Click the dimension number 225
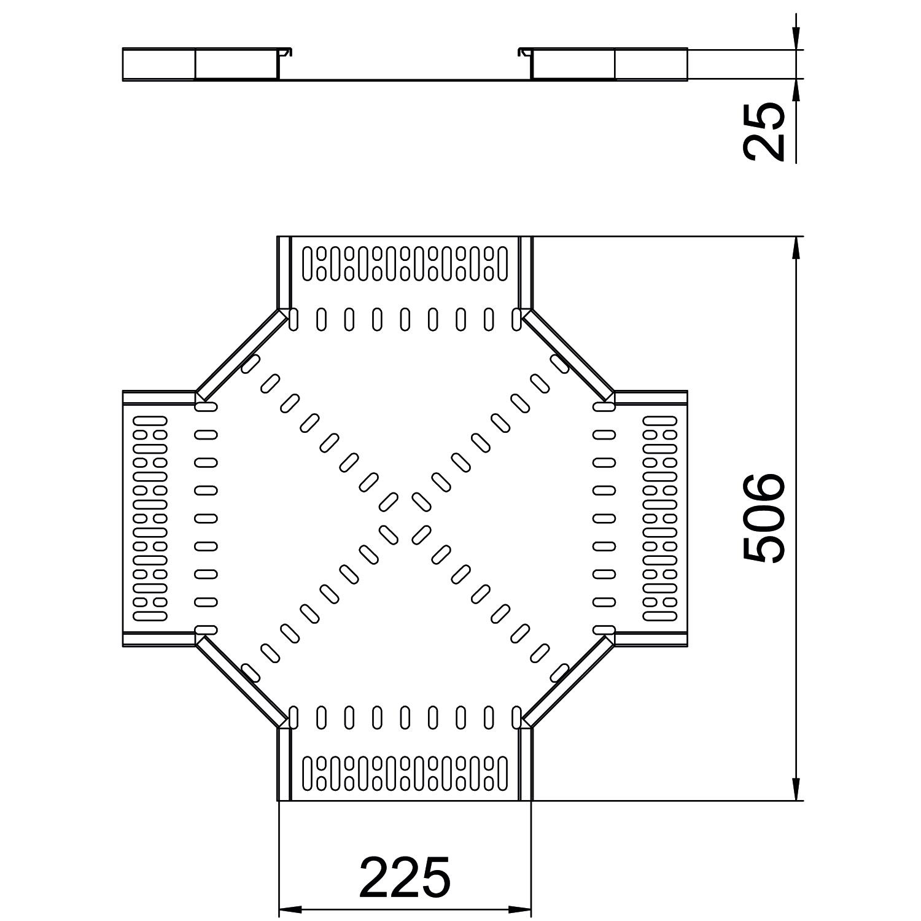pos(405,876)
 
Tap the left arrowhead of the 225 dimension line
pos(289,907)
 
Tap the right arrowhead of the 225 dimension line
pos(521,907)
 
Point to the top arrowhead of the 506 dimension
pos(796,247)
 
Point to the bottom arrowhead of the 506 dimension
pos(796,790)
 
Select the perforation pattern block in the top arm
pos(405,263)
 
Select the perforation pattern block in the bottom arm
pos(405,773)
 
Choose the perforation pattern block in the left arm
pos(150,518)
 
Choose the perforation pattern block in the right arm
pos(660,518)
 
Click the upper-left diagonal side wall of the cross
pos(241,353)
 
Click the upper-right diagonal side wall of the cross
pos(569,353)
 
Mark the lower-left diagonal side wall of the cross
pos(241,682)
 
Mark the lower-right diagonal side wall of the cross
pos(569,682)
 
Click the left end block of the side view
pos(158,64)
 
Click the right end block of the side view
pos(651,64)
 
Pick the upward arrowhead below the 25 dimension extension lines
pos(796,88)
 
